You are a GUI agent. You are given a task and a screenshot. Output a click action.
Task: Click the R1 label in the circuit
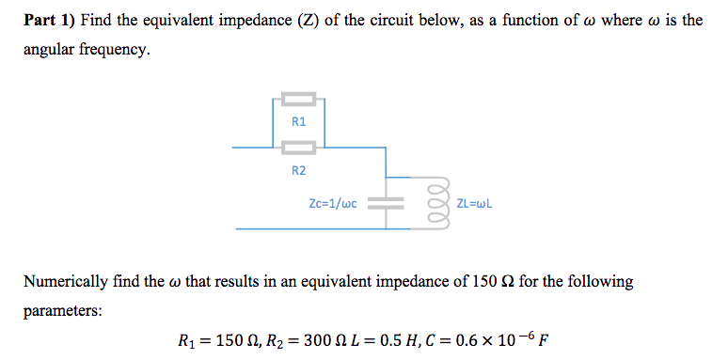298,121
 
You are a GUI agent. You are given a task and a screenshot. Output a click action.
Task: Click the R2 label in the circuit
298,170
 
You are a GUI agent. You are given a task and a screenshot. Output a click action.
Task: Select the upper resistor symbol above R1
298,98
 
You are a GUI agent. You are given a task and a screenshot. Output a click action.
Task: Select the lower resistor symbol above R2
298,147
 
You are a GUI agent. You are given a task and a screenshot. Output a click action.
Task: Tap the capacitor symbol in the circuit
384,203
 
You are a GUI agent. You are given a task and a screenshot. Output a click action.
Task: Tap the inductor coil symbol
434,202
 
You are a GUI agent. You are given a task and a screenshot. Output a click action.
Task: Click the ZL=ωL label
474,203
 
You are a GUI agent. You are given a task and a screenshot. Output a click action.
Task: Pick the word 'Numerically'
67,281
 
